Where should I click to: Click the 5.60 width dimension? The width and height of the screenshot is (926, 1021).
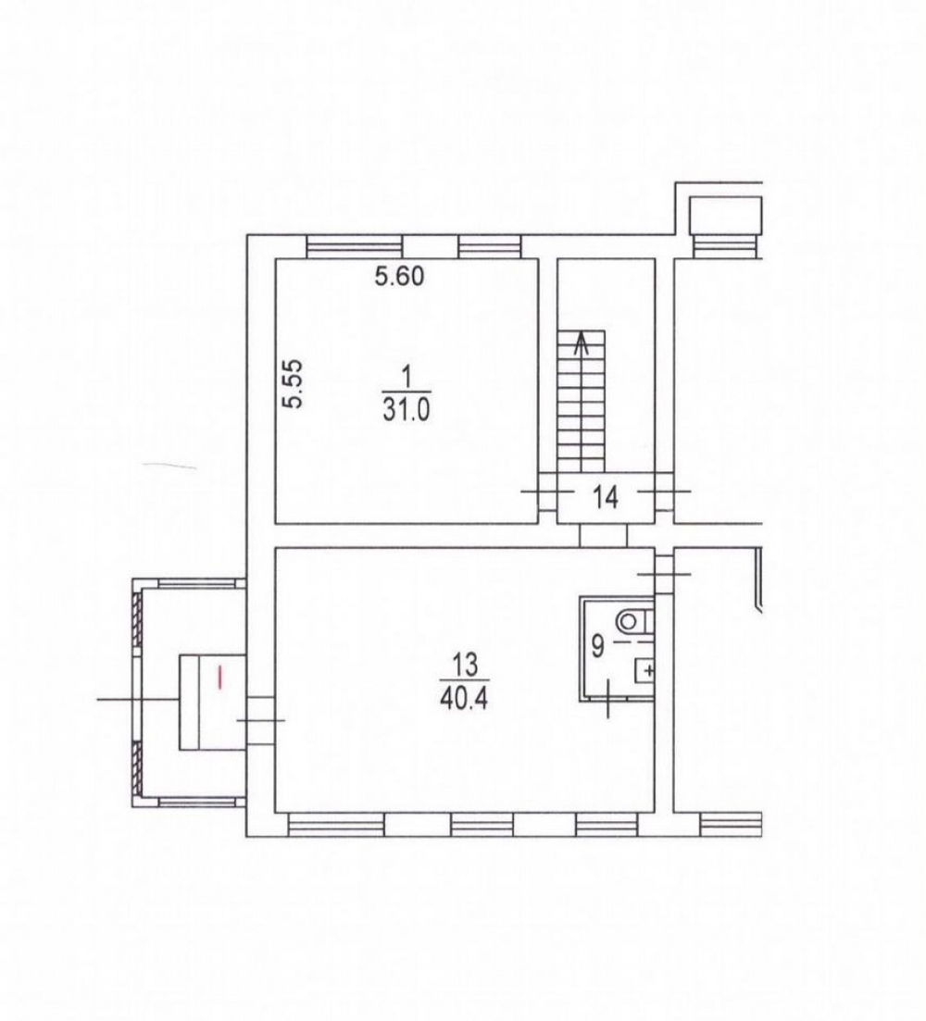[399, 276]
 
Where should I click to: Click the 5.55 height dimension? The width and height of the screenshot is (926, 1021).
[294, 384]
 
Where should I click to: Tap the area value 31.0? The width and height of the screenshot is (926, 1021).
[407, 411]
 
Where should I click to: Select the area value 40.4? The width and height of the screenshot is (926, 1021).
[465, 699]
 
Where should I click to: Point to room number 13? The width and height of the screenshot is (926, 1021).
[465, 665]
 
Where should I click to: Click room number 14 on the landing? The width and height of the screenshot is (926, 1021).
[606, 498]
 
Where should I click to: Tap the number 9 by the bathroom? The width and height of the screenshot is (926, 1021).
[598, 647]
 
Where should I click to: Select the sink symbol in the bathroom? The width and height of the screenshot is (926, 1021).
[644, 669]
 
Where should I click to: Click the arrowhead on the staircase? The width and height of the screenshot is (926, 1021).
[581, 342]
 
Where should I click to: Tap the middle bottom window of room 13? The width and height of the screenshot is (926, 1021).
[482, 825]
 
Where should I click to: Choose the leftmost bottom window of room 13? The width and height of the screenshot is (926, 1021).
[336, 825]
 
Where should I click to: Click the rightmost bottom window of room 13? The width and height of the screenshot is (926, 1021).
[607, 825]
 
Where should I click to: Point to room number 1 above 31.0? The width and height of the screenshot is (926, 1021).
[407, 377]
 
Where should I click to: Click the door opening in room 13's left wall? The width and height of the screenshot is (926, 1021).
[260, 719]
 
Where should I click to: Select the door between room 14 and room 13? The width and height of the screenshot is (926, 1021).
[603, 535]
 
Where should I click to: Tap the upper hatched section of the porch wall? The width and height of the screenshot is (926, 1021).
[137, 617]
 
